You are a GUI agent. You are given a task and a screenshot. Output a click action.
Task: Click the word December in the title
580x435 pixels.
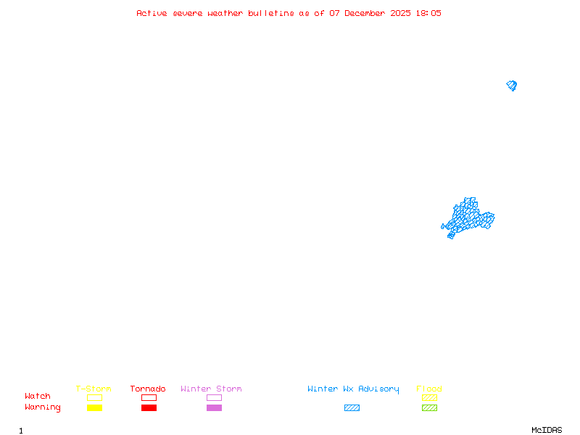pos(365,13)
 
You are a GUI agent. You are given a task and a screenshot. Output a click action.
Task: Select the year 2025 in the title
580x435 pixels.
pos(400,13)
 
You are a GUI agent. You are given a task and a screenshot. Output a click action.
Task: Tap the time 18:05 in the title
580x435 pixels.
pos(428,13)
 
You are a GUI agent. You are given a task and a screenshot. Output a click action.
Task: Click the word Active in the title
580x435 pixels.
pos(152,13)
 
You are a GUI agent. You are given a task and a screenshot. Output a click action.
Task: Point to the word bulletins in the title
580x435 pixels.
pos(270,13)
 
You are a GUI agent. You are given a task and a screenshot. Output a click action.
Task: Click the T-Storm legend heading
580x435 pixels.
pos(94,389)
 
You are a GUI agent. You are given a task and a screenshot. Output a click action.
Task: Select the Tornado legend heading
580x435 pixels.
pos(148,389)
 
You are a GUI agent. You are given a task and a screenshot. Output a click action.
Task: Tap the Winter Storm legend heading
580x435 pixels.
pos(211,389)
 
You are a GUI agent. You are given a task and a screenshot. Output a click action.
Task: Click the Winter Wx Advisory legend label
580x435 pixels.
pos(353,389)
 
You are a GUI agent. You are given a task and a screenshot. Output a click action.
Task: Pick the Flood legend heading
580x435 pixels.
pos(429,389)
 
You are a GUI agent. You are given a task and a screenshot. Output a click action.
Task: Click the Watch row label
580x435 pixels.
pos(38,396)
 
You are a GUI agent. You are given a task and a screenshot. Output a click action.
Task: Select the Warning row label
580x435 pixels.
pos(43,407)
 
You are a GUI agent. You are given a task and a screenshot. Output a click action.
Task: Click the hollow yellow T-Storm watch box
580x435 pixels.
pos(95,394)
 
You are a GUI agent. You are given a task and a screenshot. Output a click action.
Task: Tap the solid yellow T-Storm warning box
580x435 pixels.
pos(95,407)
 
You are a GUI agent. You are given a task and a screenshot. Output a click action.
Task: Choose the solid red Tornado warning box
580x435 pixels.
pos(149,407)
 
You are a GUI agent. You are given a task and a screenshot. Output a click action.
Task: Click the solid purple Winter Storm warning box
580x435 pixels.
pos(214,407)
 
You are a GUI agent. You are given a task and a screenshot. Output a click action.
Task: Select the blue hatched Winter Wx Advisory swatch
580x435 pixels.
pos(352,407)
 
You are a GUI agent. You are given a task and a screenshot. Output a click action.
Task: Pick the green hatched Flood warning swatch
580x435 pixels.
pos(429,407)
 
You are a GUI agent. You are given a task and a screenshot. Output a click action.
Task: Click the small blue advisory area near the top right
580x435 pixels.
pos(512,86)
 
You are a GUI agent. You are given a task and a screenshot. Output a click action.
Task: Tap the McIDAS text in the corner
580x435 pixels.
pos(547,430)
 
